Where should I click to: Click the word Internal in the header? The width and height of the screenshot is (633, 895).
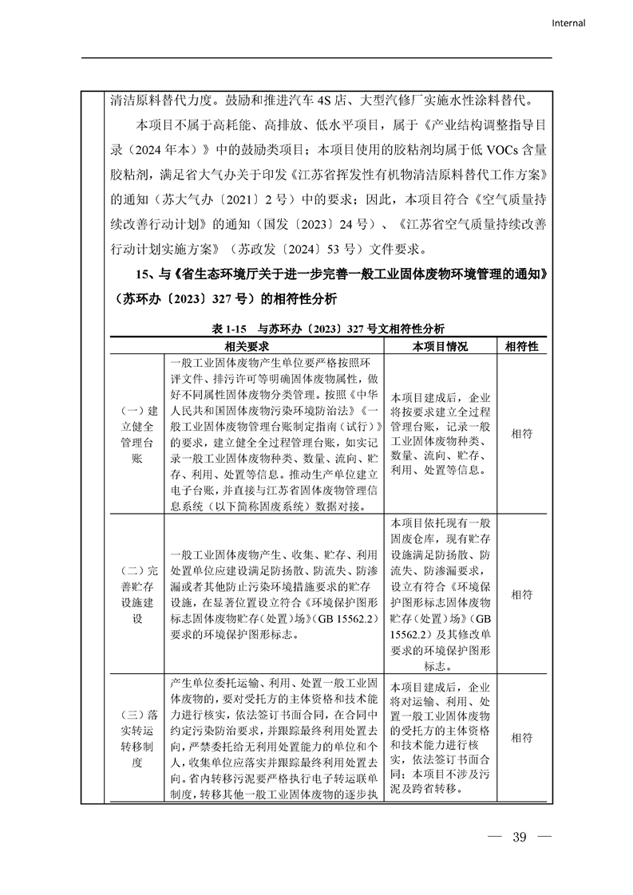[568, 23]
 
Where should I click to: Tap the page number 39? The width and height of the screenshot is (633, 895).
[520, 838]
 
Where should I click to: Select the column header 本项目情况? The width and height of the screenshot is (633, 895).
[441, 347]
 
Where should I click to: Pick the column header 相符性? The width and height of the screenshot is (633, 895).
[522, 347]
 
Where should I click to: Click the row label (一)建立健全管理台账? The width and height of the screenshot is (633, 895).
[136, 435]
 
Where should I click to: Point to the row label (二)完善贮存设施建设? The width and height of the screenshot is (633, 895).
[136, 595]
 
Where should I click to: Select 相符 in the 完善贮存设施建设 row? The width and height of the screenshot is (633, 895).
[522, 595]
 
